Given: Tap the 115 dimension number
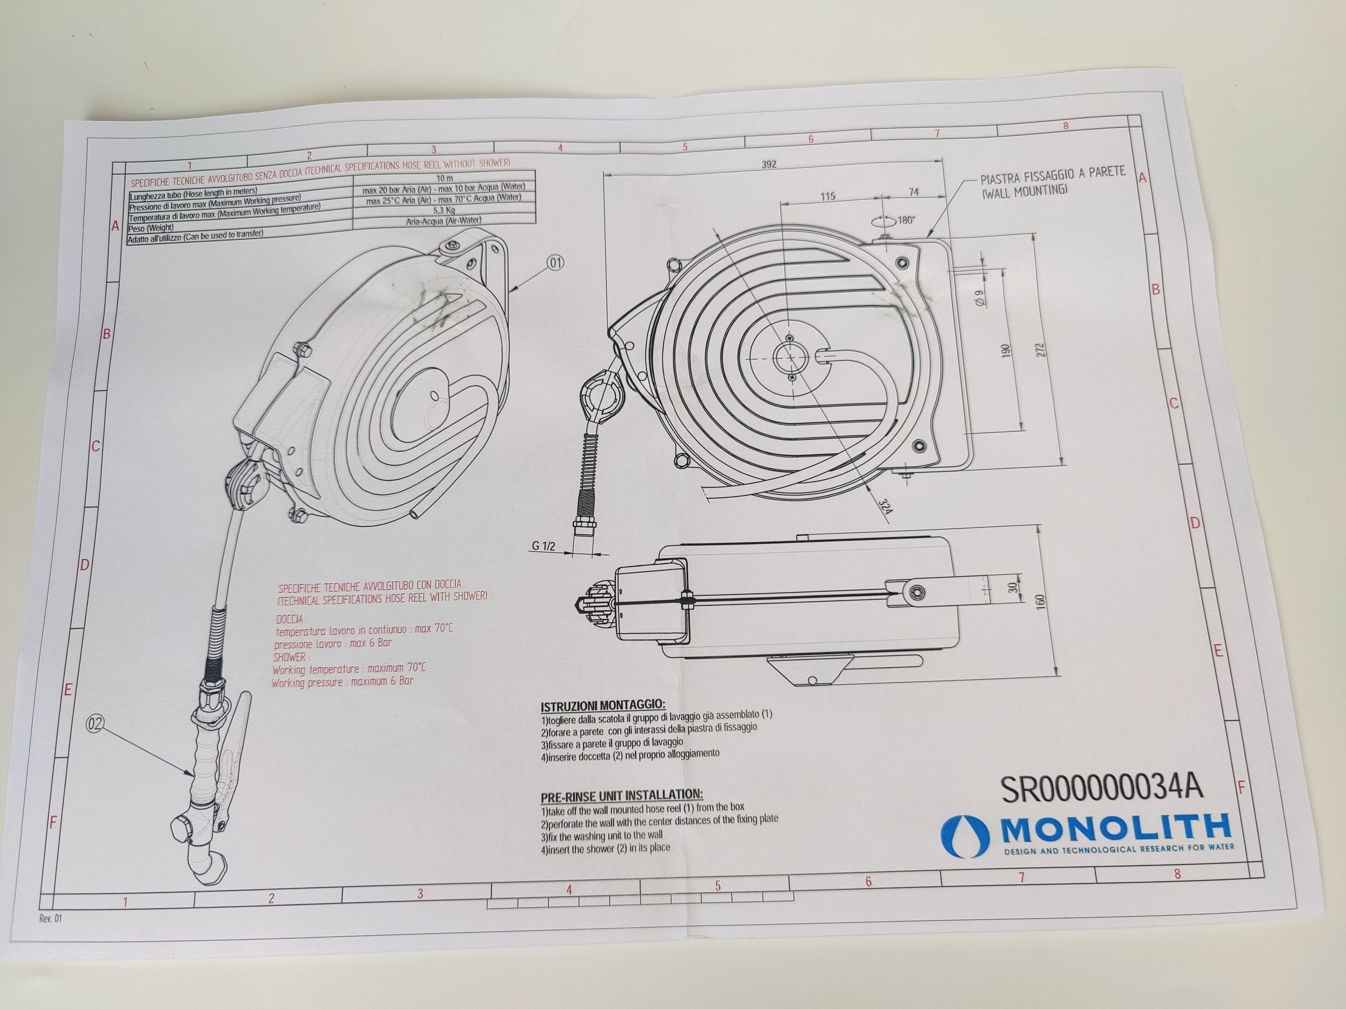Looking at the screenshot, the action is click(827, 196).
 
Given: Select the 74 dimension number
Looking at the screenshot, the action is click(913, 192).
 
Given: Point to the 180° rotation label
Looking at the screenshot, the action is click(906, 220).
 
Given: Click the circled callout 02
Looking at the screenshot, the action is click(95, 724).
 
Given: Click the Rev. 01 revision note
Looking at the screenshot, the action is click(50, 919).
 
